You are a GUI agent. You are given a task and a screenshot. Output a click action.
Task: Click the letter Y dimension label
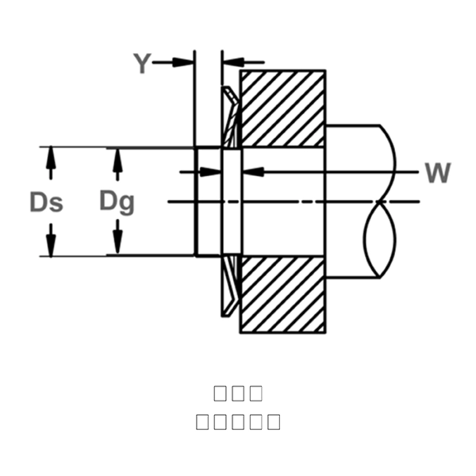coord(141,63)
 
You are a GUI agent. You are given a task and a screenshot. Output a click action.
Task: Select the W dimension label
coord(437,172)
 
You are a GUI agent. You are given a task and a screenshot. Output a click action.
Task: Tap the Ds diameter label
coord(46,202)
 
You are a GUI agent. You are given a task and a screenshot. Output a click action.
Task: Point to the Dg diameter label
coord(117,202)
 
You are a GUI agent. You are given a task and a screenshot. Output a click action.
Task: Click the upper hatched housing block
coord(282,109)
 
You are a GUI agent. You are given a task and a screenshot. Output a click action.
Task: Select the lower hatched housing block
coord(282,294)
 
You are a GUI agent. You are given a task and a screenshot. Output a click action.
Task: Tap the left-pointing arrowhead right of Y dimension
coord(230,62)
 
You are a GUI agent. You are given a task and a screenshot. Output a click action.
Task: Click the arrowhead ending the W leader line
coord(246,171)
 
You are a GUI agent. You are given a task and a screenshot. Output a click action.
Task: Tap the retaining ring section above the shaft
coord(229,115)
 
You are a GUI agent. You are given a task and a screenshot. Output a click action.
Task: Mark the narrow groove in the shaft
coord(231,202)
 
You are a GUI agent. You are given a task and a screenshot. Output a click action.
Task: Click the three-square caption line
coord(238,393)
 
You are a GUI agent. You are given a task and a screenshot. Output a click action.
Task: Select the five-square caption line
coord(238,421)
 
